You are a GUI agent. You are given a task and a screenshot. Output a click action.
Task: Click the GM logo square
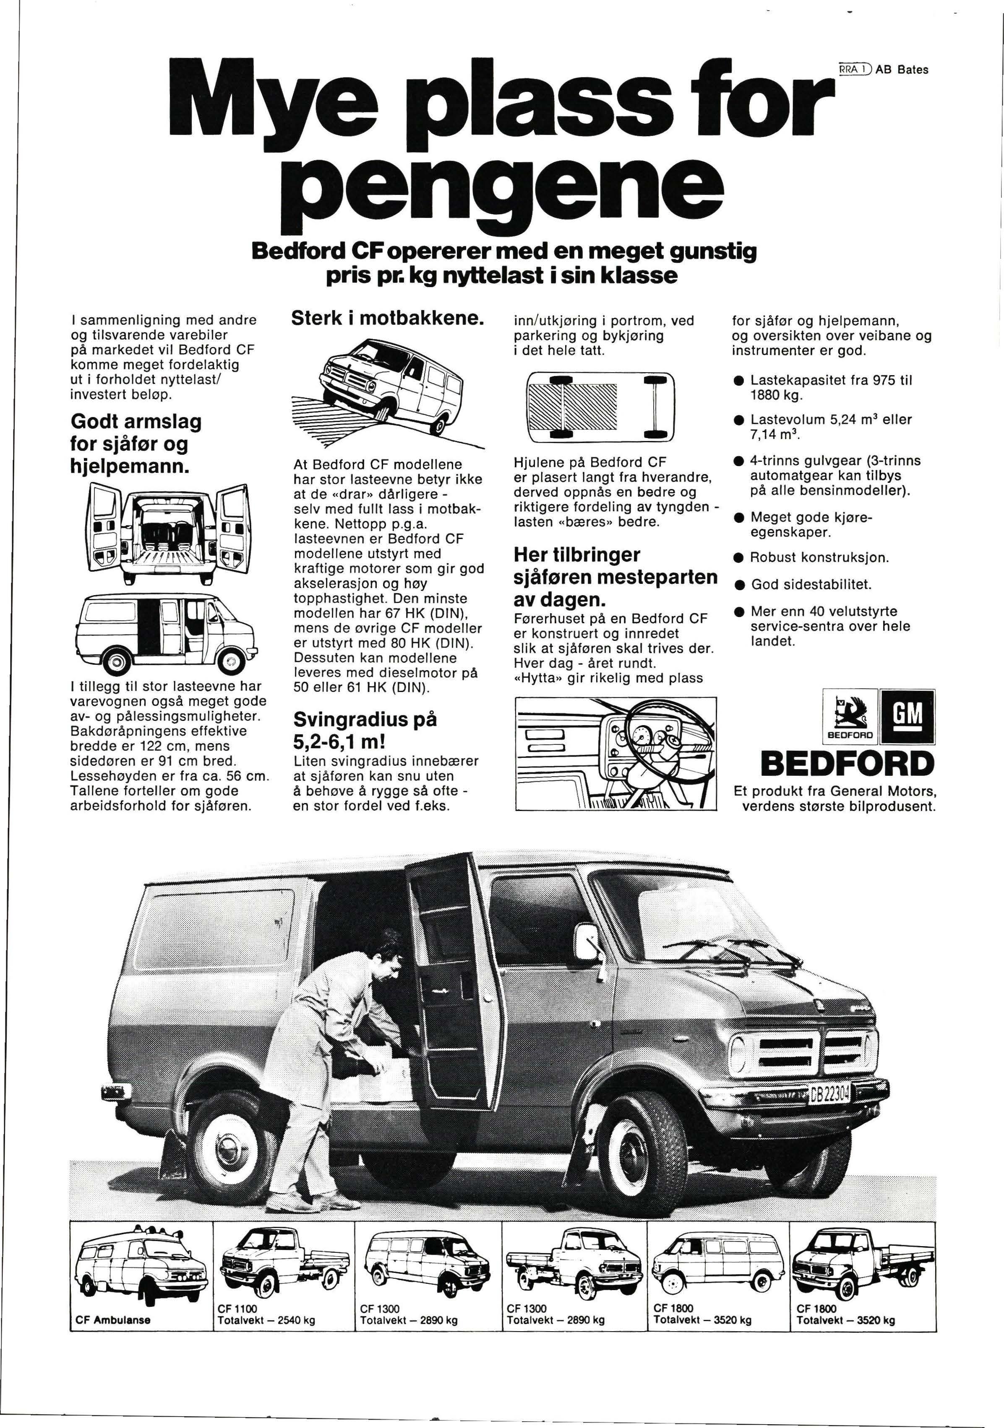click(x=907, y=716)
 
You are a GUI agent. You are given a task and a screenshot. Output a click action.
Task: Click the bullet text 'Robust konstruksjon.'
click(x=819, y=557)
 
